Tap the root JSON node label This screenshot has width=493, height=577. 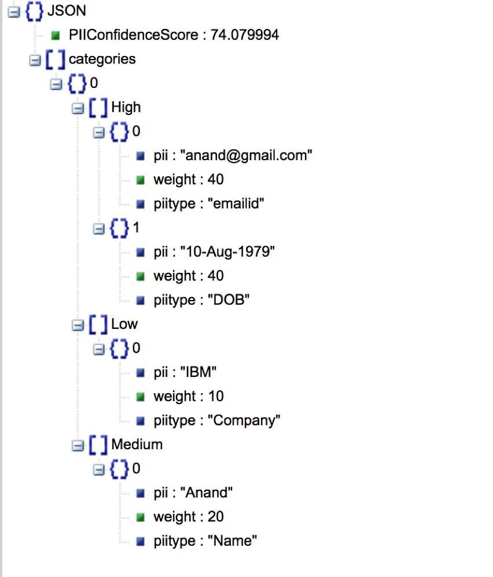pyautogui.click(x=67, y=11)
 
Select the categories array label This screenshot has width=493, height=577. pyautogui.click(x=102, y=59)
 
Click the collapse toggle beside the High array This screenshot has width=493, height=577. pyautogui.click(x=76, y=108)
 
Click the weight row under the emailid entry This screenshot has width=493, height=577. pyautogui.click(x=188, y=180)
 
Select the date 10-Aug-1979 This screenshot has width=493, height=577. pyautogui.click(x=227, y=252)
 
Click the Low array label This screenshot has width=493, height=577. pyautogui.click(x=124, y=324)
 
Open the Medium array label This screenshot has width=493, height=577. pyautogui.click(x=137, y=445)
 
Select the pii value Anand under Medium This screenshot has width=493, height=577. pyautogui.click(x=207, y=493)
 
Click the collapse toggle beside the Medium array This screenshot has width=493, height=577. pyautogui.click(x=76, y=445)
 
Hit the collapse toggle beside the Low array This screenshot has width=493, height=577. pyautogui.click(x=76, y=325)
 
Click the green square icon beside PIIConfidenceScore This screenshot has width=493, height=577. pyautogui.click(x=56, y=36)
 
